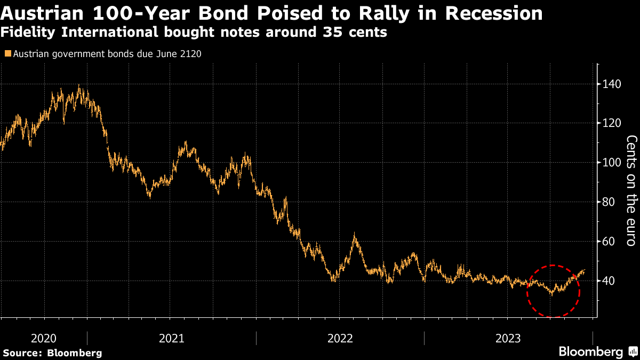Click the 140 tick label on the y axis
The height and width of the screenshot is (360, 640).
click(612, 84)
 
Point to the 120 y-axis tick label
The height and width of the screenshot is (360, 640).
click(612, 123)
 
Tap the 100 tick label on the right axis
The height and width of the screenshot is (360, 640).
click(612, 163)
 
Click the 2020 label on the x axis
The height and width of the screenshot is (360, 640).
click(44, 338)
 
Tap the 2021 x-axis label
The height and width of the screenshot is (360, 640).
click(172, 338)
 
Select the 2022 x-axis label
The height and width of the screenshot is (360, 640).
click(340, 338)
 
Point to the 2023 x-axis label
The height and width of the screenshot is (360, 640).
click(509, 338)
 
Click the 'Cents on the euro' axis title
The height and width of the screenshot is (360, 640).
click(631, 190)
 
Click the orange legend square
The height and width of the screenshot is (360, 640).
click(7, 54)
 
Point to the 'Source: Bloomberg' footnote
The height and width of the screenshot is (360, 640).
click(52, 353)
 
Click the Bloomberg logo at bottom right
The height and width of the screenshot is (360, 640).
click(597, 351)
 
